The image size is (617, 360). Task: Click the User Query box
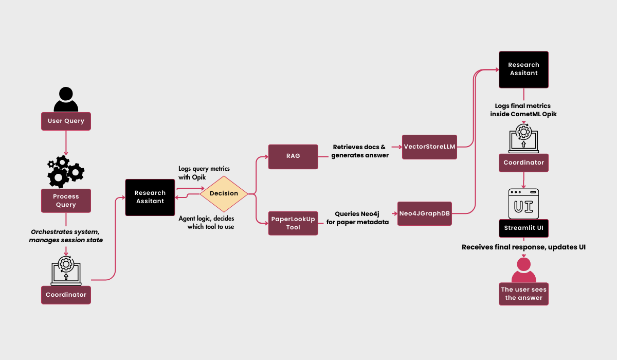(x=66, y=121)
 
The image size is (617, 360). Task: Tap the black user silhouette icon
(x=66, y=99)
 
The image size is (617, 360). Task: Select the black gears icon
(x=66, y=172)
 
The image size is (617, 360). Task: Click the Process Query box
(x=66, y=201)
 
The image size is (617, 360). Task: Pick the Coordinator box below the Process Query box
(x=66, y=295)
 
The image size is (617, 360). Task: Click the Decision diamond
(x=224, y=193)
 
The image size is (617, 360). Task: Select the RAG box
(x=293, y=156)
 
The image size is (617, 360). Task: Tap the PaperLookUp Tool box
(x=293, y=223)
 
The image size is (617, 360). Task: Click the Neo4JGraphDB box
(x=425, y=213)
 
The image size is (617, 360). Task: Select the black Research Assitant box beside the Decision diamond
(x=150, y=197)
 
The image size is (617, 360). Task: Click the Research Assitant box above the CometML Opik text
(x=523, y=69)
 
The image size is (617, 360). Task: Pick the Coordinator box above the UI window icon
(x=523, y=163)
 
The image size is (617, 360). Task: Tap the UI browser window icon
(x=523, y=203)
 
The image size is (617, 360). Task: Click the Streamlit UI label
(x=523, y=228)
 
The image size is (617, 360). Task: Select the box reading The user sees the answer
(x=524, y=294)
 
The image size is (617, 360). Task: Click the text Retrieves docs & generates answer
(x=360, y=151)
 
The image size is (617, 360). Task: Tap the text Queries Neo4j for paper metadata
(x=357, y=218)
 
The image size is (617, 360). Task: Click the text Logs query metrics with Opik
(x=204, y=172)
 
